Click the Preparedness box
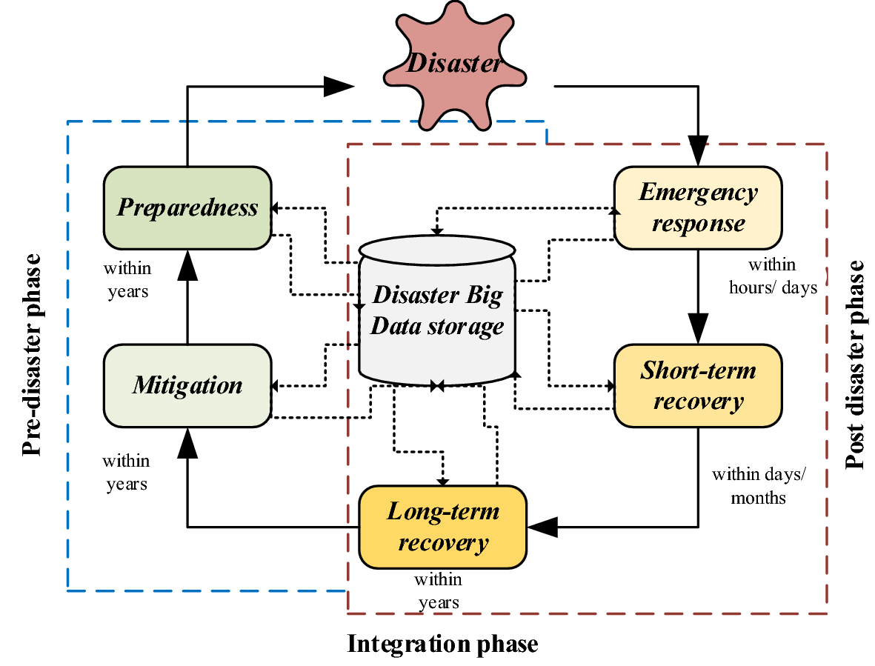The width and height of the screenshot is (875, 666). (x=187, y=207)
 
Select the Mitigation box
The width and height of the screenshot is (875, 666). (x=187, y=385)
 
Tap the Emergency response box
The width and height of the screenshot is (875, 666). (x=698, y=207)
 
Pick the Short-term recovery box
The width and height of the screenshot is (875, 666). (x=698, y=385)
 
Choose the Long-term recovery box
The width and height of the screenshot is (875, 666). (x=442, y=526)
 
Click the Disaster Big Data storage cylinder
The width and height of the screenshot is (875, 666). (x=437, y=311)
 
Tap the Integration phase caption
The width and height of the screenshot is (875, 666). (x=442, y=643)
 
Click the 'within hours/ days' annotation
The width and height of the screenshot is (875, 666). (x=773, y=276)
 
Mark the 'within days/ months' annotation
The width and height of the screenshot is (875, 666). (x=757, y=485)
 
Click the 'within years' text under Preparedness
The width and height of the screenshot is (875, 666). (x=127, y=279)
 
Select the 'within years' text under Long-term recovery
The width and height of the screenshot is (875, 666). (x=439, y=590)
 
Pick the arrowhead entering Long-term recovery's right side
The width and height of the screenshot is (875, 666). (x=542, y=527)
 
